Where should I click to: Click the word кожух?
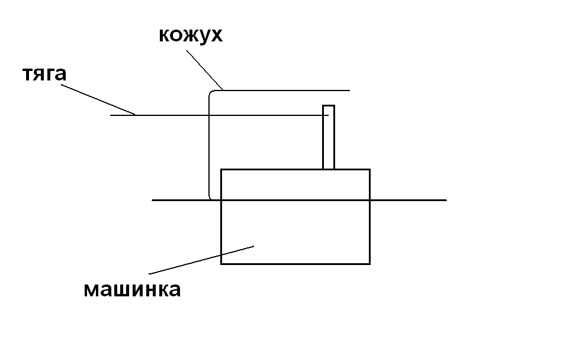(x=191, y=35)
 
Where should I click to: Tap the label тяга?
(x=44, y=73)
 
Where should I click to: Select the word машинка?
(x=132, y=289)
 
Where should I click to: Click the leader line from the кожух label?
(x=205, y=70)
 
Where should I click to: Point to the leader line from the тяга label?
(x=98, y=99)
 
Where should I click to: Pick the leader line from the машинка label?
(x=201, y=260)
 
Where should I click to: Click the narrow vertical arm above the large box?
(x=329, y=137)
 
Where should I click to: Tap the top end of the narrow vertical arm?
(x=329, y=105)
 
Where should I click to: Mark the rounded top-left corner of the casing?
(x=211, y=92)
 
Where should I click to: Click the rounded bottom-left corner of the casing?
(x=210, y=198)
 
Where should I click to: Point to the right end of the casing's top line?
(x=349, y=90)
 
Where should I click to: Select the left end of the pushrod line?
(x=110, y=115)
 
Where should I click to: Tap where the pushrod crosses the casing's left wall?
(x=209, y=115)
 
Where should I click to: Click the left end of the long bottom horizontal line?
(x=152, y=200)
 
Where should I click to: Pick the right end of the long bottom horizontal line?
(x=446, y=200)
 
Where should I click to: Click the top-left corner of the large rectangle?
(x=221, y=169)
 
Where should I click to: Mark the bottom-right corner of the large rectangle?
(x=370, y=264)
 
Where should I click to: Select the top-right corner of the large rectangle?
(x=370, y=169)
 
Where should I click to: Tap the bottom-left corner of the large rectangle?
(x=221, y=264)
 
